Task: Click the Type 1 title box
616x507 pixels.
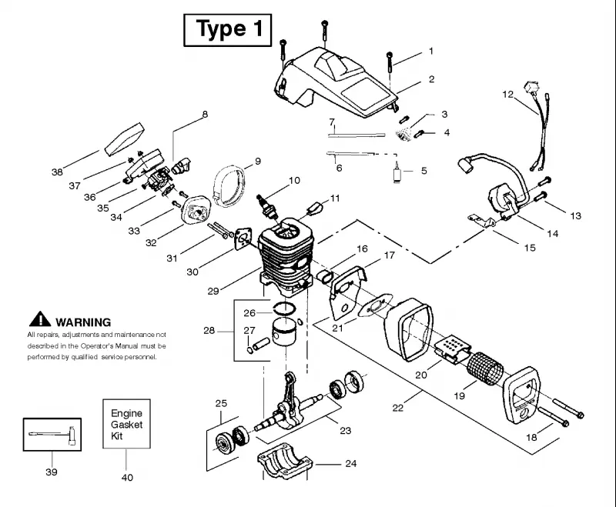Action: coord(227,30)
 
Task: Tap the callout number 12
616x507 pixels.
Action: coord(508,95)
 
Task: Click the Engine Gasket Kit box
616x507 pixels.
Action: coord(126,424)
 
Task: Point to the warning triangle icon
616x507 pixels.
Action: coord(40,319)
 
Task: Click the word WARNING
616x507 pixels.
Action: coord(83,322)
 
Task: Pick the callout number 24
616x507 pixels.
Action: coord(351,463)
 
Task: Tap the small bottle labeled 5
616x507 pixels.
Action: coord(397,172)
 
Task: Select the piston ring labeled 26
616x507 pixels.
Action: coord(284,309)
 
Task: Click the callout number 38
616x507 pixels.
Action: coord(57,172)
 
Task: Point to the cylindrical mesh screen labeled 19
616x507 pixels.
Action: coord(485,368)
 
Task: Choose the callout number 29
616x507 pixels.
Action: coord(213,291)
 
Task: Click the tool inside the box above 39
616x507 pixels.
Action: coord(52,435)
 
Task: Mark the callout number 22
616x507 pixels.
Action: coord(398,408)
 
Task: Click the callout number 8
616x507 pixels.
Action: coord(205,114)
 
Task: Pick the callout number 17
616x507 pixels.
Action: coord(389,255)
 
